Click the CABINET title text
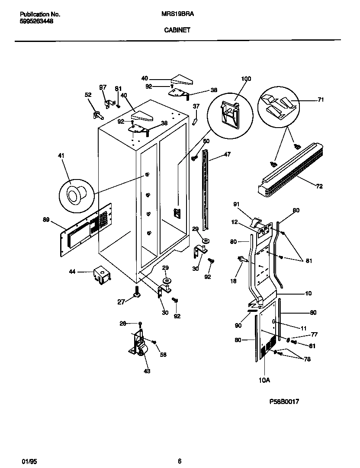177,30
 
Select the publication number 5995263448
37,21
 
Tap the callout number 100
246,79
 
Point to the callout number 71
321,99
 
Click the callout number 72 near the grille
319,186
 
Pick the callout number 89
46,220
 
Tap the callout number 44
72,272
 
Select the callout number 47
228,154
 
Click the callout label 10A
264,380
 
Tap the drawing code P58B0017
284,401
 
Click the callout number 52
88,95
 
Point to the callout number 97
103,87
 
